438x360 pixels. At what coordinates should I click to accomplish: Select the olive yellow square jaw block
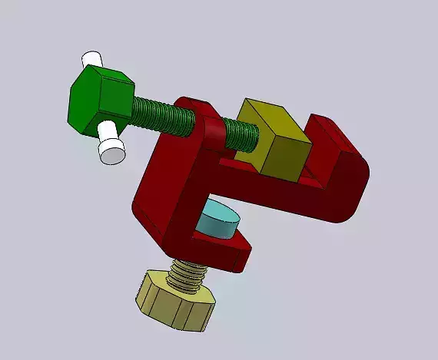[273, 142]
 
